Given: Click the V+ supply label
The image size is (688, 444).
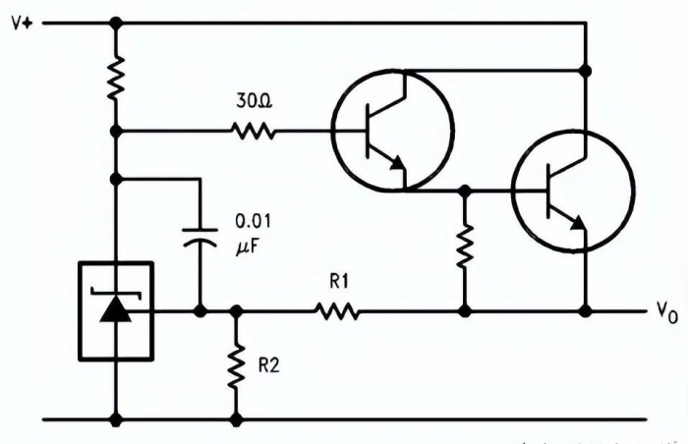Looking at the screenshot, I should pos(23,22).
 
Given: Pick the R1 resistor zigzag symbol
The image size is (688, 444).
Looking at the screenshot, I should pos(338,311).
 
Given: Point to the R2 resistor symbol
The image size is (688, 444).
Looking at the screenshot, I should pos(236,365).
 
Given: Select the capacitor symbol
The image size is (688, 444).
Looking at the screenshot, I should pos(200,238).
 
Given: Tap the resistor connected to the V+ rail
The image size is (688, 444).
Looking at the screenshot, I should pos(116,76).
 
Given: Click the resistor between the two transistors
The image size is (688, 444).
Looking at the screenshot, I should pos(465,249).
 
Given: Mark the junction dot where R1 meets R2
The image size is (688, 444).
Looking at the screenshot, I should pos(236,311).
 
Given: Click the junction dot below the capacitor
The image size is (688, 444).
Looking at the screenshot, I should pos(200,311).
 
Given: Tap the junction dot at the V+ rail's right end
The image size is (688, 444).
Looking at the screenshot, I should pos(586,70).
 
